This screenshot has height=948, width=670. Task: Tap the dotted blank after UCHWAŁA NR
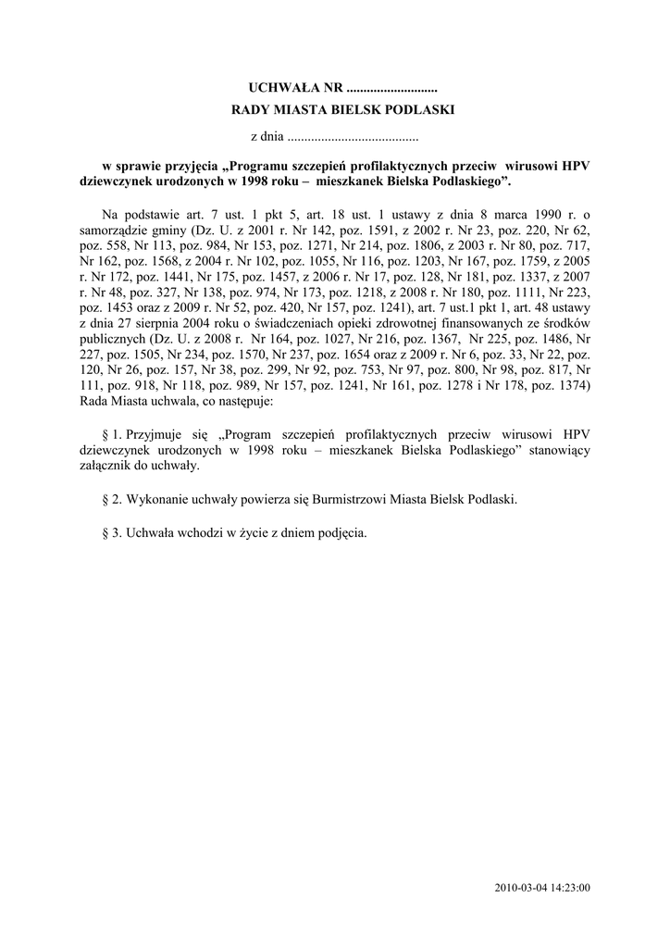pos(391,89)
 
